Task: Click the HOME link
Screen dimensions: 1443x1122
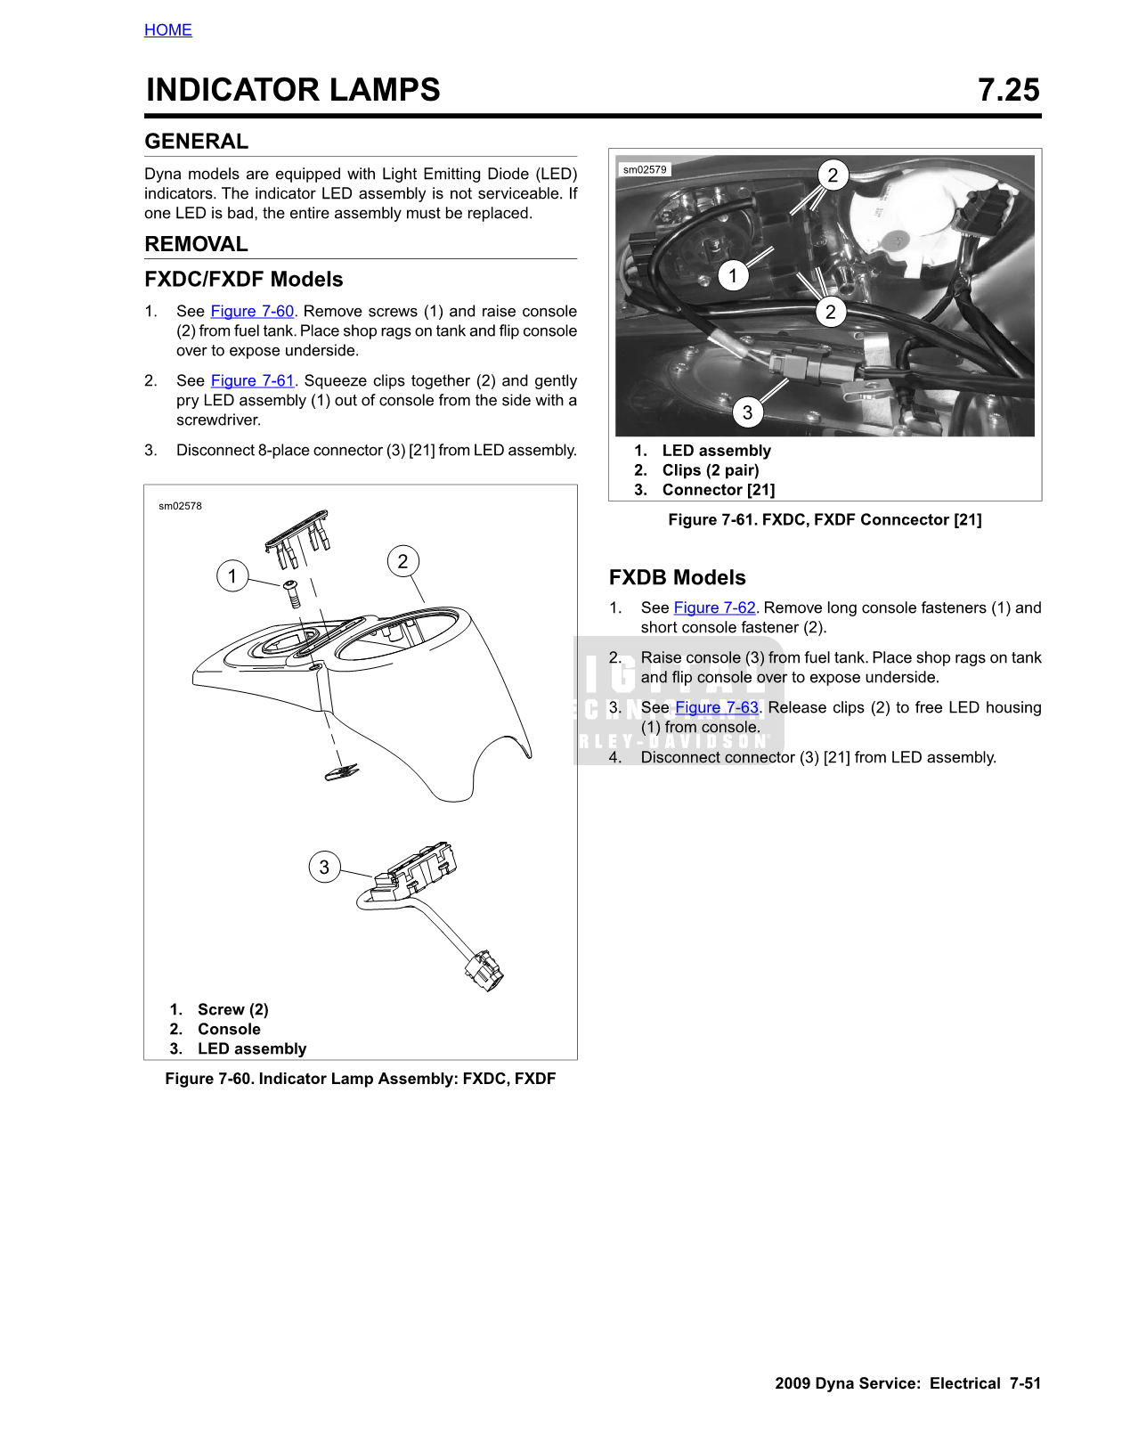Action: click(x=167, y=30)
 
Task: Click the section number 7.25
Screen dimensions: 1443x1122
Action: click(x=1008, y=90)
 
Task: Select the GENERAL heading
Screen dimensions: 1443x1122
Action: click(x=196, y=142)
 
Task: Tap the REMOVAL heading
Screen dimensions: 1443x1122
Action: click(x=196, y=244)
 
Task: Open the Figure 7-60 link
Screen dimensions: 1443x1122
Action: click(x=252, y=312)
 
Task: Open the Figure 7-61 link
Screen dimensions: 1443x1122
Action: click(x=252, y=381)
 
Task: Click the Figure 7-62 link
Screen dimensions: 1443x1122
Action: click(x=714, y=608)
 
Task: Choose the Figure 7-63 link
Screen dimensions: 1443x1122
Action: click(x=717, y=708)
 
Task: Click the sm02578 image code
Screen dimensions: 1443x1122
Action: click(x=180, y=506)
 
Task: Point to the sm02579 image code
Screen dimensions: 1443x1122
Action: click(x=645, y=169)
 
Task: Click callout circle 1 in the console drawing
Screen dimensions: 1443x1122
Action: click(x=232, y=575)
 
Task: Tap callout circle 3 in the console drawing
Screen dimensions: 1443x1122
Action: click(x=324, y=867)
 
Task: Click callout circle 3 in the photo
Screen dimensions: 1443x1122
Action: click(x=747, y=412)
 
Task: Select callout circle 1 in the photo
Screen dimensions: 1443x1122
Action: click(x=733, y=275)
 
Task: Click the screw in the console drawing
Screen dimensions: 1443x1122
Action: click(x=293, y=594)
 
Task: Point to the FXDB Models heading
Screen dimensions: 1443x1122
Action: click(x=677, y=577)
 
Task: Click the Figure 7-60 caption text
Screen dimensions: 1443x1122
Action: click(x=360, y=1079)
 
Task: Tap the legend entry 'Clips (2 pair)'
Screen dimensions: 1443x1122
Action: click(x=710, y=470)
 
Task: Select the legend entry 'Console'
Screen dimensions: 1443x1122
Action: click(x=229, y=1030)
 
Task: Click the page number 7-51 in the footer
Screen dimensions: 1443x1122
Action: click(x=1024, y=1383)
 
